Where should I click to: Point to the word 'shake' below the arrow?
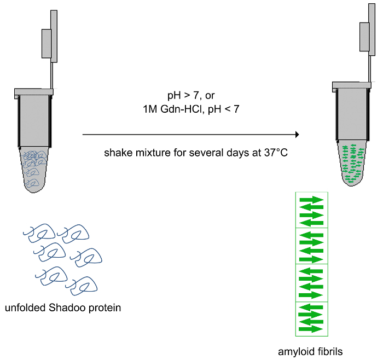click(115, 152)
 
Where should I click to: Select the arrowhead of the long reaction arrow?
click(297, 134)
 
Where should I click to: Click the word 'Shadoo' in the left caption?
click(63, 307)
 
